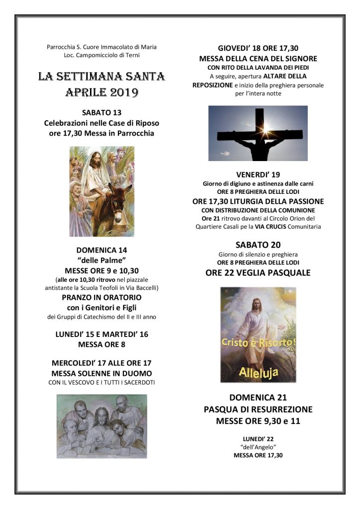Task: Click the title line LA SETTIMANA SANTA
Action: tap(102, 77)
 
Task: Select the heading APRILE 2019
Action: tap(102, 93)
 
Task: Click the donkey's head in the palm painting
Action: tap(119, 194)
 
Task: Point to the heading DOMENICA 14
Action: tap(102, 250)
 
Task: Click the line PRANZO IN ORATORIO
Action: tap(102, 298)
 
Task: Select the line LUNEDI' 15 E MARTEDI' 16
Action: tap(102, 335)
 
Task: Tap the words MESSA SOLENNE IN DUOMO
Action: tap(102, 373)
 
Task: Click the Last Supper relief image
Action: tap(102, 426)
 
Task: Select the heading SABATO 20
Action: tap(258, 245)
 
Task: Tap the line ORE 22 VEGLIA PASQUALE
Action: tap(258, 273)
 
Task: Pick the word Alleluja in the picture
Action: tap(258, 371)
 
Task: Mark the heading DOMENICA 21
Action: tap(258, 398)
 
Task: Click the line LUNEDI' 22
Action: tap(258, 438)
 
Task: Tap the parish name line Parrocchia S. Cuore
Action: tap(102, 47)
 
